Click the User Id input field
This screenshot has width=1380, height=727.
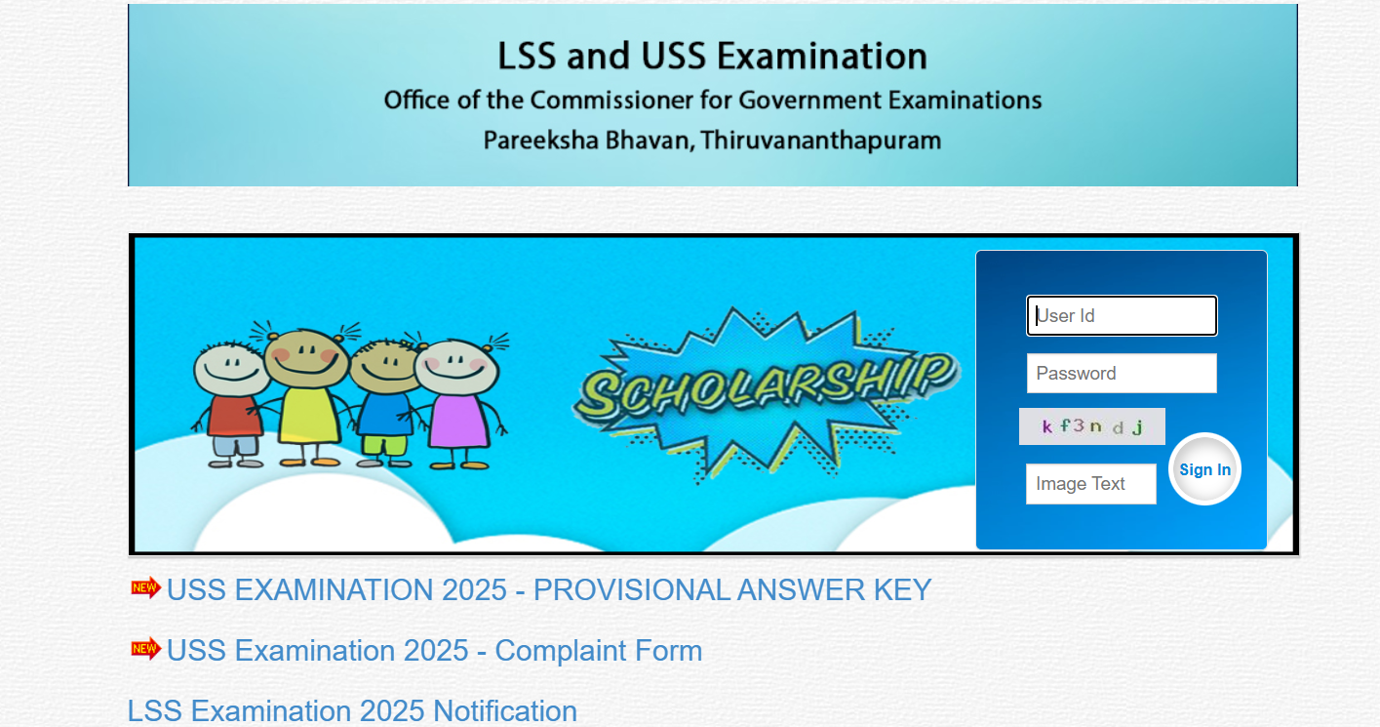pyautogui.click(x=1122, y=316)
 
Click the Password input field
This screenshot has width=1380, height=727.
pyautogui.click(x=1122, y=373)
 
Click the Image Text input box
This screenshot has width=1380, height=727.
pyautogui.click(x=1090, y=484)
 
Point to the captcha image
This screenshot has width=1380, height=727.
pyautogui.click(x=1091, y=426)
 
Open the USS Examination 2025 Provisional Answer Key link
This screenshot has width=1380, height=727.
pyautogui.click(x=549, y=590)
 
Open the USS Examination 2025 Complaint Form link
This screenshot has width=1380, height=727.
pyautogui.click(x=434, y=651)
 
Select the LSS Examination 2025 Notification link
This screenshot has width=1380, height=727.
pyautogui.click(x=352, y=710)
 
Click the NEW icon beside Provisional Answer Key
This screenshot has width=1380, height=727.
pyautogui.click(x=145, y=587)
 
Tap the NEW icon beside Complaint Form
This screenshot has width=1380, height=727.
pyautogui.click(x=145, y=648)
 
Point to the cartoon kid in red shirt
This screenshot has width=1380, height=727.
pyautogui.click(x=232, y=400)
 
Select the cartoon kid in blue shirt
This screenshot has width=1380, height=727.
pyautogui.click(x=384, y=400)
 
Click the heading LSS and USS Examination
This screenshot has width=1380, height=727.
pyautogui.click(x=712, y=56)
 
